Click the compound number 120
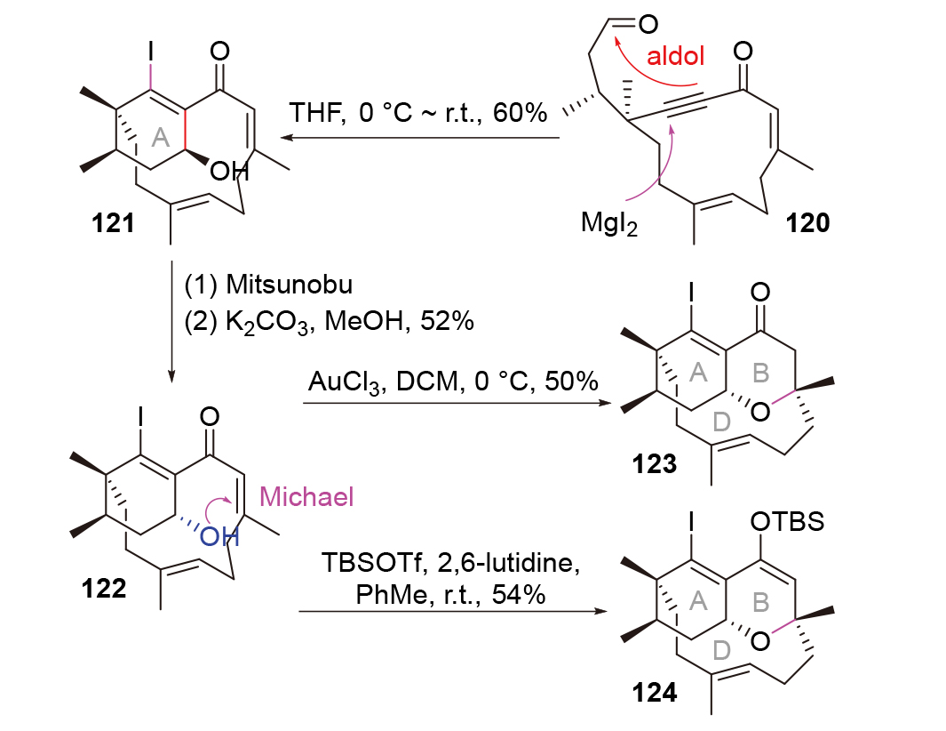807,222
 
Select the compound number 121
113,222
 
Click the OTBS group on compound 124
785,521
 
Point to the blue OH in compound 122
216,535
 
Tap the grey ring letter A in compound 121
160,135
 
